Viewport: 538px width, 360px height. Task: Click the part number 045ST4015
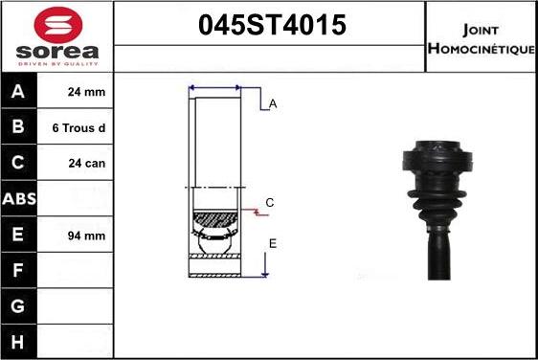click(271, 26)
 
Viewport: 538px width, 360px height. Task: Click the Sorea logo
click(57, 35)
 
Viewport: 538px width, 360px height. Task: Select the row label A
click(17, 93)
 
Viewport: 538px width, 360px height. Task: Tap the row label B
click(17, 127)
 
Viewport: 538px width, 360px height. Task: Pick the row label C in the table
click(17, 163)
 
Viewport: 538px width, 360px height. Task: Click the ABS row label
click(17, 199)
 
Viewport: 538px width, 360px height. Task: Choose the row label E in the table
click(17, 235)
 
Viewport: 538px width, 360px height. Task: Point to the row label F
click(17, 270)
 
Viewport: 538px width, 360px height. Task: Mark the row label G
click(17, 305)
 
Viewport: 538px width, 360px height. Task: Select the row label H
click(17, 341)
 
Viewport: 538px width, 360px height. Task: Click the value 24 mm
click(85, 93)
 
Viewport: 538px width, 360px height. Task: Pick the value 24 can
click(85, 163)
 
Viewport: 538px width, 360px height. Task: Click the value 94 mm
click(85, 235)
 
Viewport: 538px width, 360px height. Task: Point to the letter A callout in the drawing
click(273, 104)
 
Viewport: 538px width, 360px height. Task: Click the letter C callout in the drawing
click(270, 202)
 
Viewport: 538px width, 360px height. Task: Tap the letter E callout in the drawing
click(272, 244)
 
